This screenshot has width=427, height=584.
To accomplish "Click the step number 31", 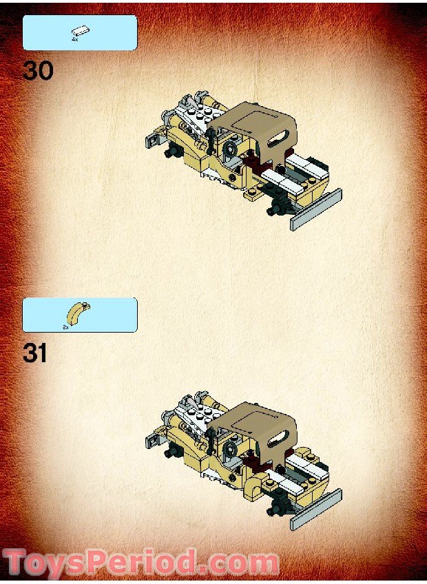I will tap(35, 353).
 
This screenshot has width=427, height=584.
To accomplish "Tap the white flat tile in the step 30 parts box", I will tap(80, 31).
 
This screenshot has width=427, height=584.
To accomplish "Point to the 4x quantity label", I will tap(74, 40).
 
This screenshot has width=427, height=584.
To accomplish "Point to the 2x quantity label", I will tap(66, 327).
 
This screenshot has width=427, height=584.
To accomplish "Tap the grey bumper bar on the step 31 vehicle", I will tap(316, 512).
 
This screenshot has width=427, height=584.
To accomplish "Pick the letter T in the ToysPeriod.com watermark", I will tap(19, 563).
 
